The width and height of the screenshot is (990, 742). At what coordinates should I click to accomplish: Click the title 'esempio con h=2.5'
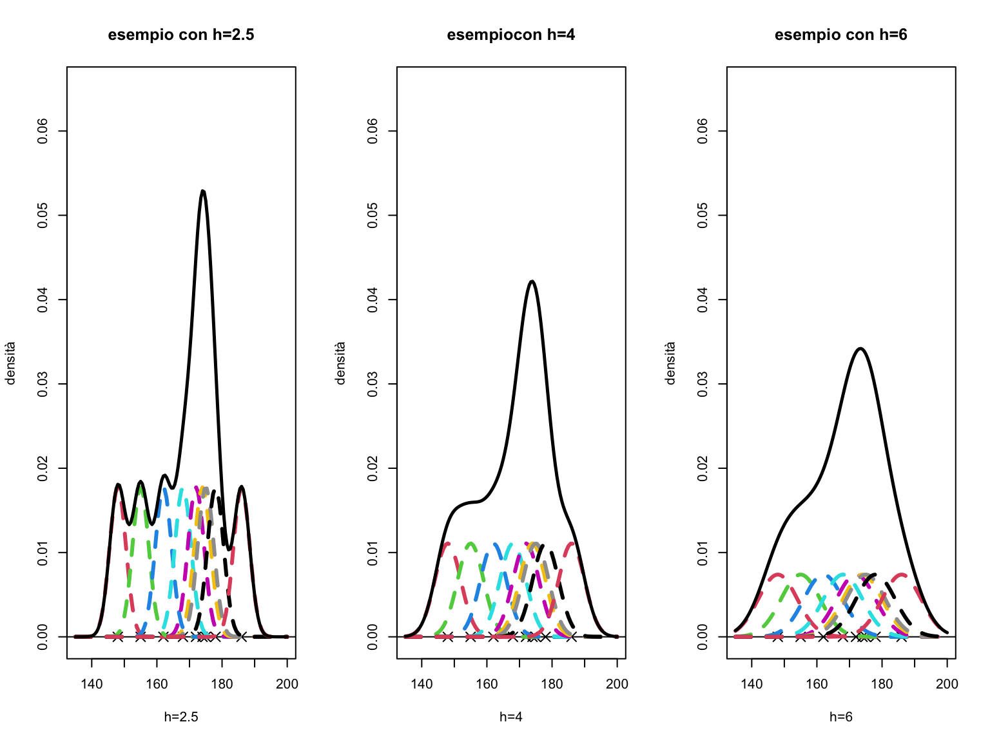point(181,35)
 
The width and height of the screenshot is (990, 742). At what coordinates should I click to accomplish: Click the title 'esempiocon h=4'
point(511,35)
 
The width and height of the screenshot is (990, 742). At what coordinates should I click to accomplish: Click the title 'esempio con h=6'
point(841,35)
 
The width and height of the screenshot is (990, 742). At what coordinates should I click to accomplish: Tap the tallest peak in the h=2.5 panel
point(203,191)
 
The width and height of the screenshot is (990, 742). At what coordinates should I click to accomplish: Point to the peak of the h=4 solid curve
point(532,281)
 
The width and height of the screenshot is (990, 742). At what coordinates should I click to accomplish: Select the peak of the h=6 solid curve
point(860,348)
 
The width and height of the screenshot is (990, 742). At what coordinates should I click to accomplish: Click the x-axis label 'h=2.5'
point(181,717)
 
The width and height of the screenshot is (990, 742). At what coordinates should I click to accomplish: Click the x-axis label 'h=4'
point(511,717)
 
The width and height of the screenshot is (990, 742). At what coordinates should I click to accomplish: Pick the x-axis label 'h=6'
point(841,717)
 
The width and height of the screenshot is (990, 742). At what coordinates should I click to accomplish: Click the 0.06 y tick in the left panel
point(43,131)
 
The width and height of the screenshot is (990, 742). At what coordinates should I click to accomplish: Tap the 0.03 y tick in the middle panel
point(373,384)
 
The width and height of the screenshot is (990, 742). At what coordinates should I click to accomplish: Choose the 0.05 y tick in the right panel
point(703,215)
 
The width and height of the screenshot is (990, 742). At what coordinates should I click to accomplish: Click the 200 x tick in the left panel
point(287,684)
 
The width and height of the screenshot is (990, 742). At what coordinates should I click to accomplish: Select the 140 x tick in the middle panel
point(422,684)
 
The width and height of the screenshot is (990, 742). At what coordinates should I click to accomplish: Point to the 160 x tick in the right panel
point(817,684)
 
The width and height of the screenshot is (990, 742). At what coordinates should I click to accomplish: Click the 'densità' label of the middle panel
point(340,363)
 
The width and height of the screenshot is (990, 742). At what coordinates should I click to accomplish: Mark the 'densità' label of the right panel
point(670,363)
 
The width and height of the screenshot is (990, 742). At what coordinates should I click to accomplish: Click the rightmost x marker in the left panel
point(241,636)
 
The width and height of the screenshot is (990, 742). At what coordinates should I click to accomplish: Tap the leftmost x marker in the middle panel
point(447,636)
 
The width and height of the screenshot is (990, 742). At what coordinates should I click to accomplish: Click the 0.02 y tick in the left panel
point(43,468)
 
